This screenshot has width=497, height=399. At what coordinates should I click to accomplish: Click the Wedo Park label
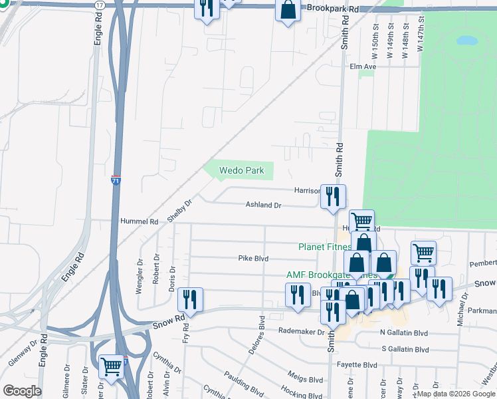point(243,171)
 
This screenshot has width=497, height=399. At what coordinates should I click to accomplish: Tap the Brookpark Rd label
point(333,8)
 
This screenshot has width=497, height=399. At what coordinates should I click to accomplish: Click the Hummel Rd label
point(140,221)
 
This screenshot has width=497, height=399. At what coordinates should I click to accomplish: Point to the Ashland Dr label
point(264,205)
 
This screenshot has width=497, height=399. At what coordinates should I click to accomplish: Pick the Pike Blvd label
point(252,258)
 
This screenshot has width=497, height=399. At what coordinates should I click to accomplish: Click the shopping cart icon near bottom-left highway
point(112,366)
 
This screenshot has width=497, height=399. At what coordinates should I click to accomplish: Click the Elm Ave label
point(363,66)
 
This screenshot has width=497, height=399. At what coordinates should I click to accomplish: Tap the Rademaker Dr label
point(301,331)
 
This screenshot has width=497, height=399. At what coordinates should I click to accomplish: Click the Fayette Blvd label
point(361,364)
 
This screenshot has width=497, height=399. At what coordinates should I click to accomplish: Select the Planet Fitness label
point(324,247)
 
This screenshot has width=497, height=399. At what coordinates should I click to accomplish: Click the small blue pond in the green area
point(468,40)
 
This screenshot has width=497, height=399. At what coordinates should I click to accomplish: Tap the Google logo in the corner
point(21,391)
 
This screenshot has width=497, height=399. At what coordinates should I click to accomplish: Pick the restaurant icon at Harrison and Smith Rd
point(333,196)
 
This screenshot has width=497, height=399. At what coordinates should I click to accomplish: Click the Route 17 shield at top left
point(100,5)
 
